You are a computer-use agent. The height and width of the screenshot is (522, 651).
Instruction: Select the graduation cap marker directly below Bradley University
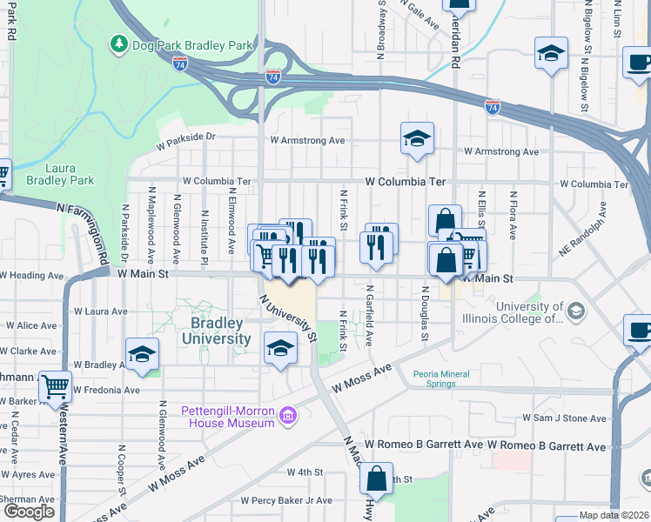[x=279, y=348]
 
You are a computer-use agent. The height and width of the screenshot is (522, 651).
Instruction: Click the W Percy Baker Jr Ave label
[x=287, y=500]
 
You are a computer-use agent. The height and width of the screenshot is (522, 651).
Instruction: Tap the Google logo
[x=29, y=512]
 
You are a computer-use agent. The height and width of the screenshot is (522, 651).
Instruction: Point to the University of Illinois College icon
[x=575, y=311]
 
